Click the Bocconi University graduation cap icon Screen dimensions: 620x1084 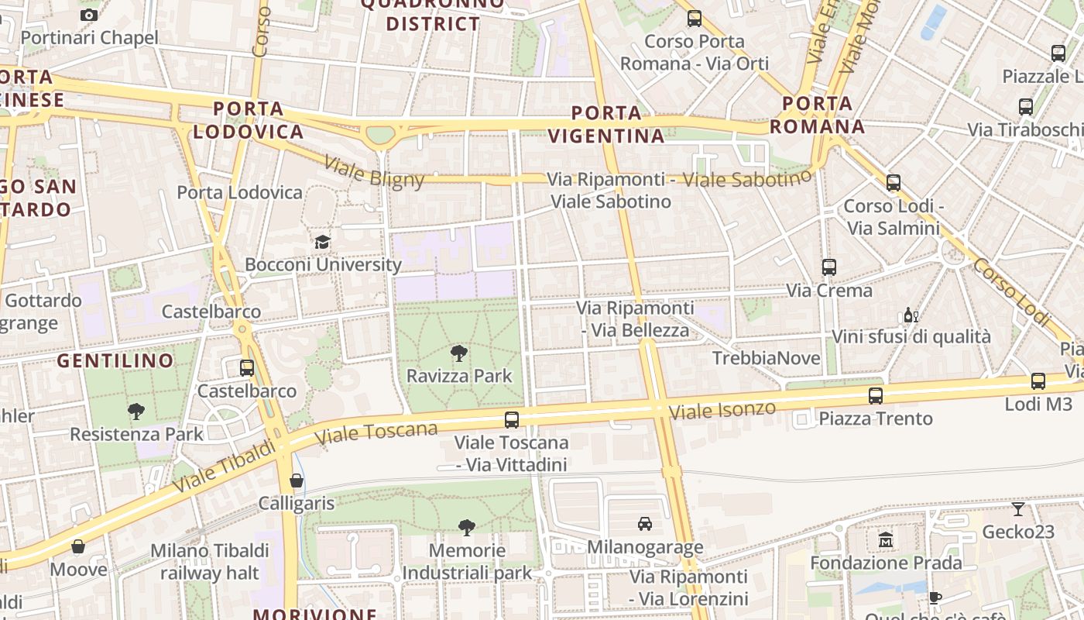point(322,242)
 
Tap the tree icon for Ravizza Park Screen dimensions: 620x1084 point(458,353)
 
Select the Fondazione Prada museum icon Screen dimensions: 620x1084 point(886,539)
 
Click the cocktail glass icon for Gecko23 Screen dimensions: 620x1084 point(1017,509)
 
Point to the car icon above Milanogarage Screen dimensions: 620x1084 point(644,524)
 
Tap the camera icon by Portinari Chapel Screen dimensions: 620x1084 point(89,15)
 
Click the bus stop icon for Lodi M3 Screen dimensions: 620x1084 point(1038,381)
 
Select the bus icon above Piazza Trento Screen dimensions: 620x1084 point(875,396)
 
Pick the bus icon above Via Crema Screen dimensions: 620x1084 point(828,267)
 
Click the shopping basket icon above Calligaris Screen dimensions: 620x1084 point(296,480)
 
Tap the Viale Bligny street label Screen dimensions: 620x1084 point(374,172)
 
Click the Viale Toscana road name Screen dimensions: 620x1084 point(376,434)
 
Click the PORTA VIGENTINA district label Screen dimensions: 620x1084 point(606,124)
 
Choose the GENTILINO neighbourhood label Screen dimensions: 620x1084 point(115,360)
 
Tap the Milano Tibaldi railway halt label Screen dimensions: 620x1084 point(209,561)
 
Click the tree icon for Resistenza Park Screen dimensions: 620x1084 point(136,412)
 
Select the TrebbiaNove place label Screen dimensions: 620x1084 point(765,358)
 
